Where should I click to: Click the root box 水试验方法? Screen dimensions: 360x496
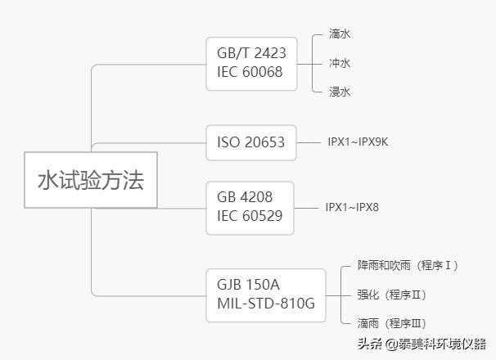click(90, 180)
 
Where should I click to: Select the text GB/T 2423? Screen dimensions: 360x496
click(250, 53)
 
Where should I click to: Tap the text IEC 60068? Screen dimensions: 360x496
click(250, 72)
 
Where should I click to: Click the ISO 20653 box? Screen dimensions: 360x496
click(250, 142)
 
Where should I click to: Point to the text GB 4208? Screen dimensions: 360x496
click(245, 197)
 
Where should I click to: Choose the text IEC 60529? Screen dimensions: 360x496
click(250, 216)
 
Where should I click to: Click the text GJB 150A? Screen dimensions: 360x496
click(248, 285)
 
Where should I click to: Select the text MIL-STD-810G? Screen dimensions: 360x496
click(266, 304)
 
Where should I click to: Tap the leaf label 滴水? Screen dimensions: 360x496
click(340, 34)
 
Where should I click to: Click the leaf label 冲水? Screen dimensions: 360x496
click(340, 63)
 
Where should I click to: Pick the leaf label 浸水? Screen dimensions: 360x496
click(340, 92)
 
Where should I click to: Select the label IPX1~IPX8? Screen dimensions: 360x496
click(352, 207)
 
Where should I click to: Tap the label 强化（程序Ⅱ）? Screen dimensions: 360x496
click(392, 295)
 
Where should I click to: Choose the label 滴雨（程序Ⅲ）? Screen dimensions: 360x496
click(392, 323)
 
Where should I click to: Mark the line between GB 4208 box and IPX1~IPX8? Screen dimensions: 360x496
click(307, 207)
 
